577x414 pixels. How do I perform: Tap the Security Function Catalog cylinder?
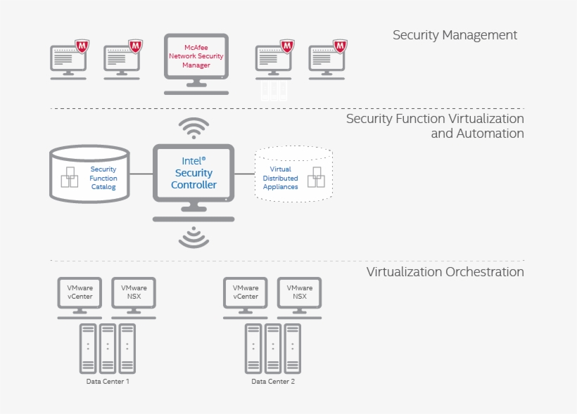pos(89,174)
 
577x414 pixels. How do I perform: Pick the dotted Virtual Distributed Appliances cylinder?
pos(293,174)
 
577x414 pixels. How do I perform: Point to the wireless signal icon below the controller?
pos(194,238)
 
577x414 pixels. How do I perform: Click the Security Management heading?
pos(455,34)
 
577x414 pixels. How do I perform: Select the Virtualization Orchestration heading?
pos(445,271)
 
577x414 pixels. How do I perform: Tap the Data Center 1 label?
pos(108,381)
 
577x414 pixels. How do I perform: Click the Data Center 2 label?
pos(273,381)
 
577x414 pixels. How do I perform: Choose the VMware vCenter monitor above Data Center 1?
pos(80,293)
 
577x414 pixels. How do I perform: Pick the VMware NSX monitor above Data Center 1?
pos(134,293)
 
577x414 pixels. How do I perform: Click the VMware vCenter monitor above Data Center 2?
pos(246,293)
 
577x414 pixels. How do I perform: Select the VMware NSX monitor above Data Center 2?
pos(300,293)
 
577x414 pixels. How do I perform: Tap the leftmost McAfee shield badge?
pos(83,46)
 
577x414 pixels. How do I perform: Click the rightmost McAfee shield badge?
pos(340,46)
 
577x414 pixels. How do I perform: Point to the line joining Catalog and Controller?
pos(141,174)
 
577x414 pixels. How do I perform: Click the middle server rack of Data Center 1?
pos(108,348)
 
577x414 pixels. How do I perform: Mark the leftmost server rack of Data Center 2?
pos(253,348)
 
